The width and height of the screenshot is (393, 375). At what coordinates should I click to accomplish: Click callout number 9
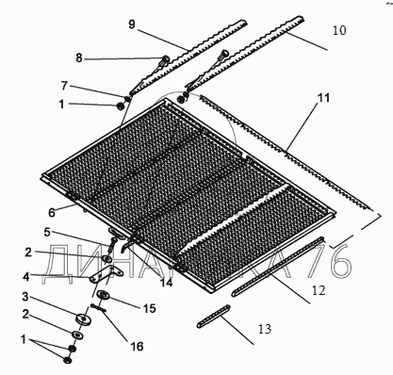point(132,24)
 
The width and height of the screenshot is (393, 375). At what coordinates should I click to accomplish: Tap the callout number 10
point(339,30)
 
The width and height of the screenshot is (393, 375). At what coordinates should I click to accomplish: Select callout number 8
point(79,57)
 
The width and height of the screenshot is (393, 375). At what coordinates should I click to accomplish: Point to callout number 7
point(64,86)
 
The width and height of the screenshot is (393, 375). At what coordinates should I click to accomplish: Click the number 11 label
point(323,98)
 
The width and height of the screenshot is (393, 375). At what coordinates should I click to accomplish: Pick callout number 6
point(52,213)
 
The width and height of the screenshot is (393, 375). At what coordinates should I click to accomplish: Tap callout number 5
point(46,233)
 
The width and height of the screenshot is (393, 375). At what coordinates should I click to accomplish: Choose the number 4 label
point(25,277)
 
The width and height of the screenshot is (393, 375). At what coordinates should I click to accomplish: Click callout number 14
point(167,283)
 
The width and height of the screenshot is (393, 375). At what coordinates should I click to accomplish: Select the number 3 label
point(25,297)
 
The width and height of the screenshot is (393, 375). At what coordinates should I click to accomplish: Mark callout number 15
point(150,308)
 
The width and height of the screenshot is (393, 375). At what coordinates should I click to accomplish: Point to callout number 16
point(137,347)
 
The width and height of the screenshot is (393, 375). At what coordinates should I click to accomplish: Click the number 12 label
point(319,290)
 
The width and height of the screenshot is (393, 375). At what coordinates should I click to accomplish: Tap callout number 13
point(265,329)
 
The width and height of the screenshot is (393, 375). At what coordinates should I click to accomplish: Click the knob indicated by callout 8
point(165,59)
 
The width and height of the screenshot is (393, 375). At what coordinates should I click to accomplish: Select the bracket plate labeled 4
point(106,273)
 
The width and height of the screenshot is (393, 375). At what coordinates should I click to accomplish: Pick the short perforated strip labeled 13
point(214,317)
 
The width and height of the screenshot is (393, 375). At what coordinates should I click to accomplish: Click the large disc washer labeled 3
point(84,318)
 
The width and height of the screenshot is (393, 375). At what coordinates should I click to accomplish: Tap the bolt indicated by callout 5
point(112,246)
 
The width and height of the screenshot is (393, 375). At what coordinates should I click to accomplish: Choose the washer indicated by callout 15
point(104,295)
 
